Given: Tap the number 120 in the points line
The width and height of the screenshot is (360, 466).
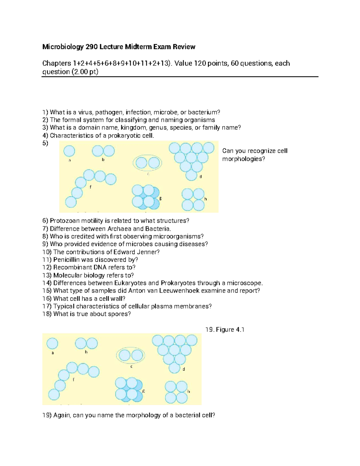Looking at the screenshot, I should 200,64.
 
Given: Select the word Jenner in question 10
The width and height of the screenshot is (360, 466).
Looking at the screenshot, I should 146,252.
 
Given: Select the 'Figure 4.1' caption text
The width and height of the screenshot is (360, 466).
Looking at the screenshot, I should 225,330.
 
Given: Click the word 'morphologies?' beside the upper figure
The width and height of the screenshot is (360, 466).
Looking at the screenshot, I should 244,159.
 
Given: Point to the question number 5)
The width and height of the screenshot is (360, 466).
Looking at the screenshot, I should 45,143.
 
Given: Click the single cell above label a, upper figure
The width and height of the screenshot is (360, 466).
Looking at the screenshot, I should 70,151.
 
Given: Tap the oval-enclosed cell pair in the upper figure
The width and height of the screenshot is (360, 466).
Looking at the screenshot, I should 148,163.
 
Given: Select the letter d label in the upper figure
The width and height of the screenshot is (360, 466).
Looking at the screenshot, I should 201,177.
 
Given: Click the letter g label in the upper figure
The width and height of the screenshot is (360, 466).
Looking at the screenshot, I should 160,198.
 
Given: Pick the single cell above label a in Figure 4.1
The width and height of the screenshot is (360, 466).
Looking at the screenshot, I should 52,343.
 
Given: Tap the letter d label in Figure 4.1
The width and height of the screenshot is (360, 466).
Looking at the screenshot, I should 184,369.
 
